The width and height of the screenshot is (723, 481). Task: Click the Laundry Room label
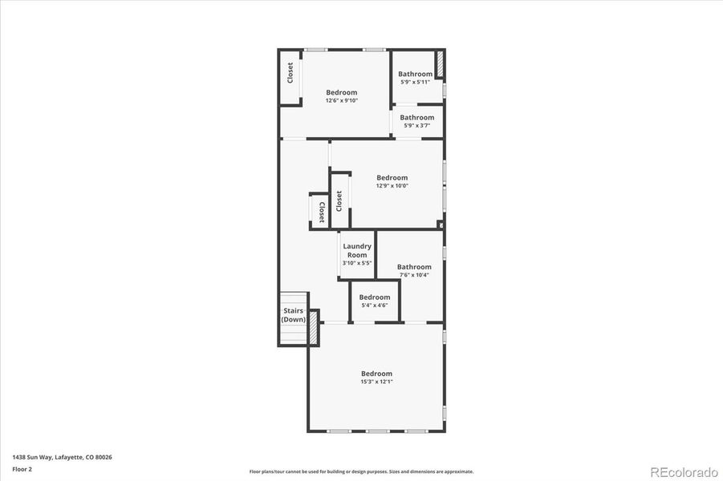point(357,250)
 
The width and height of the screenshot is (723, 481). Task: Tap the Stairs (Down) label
point(293,315)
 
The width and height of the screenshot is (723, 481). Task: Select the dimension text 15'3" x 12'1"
point(376,382)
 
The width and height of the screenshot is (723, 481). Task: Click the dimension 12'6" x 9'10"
point(341,101)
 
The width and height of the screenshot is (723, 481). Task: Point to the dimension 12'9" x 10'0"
point(392,186)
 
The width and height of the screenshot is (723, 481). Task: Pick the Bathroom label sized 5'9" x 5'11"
point(416,74)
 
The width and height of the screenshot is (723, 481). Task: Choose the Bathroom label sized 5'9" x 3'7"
point(417,117)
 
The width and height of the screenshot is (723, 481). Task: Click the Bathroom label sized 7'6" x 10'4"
point(414,267)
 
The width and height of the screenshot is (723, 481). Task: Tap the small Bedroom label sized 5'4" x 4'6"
point(375,297)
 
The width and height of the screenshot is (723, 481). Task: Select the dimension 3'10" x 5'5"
point(357,263)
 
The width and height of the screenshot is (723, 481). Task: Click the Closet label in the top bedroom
point(290,73)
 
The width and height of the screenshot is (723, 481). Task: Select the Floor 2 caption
point(22,469)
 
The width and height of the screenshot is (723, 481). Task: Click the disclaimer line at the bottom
point(361,471)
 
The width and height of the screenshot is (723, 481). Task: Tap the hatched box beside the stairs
point(314,328)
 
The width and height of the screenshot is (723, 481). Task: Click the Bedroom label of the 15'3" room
point(376,374)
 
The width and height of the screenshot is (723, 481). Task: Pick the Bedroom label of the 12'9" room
point(392,178)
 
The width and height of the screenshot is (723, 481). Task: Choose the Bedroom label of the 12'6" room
point(341,92)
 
